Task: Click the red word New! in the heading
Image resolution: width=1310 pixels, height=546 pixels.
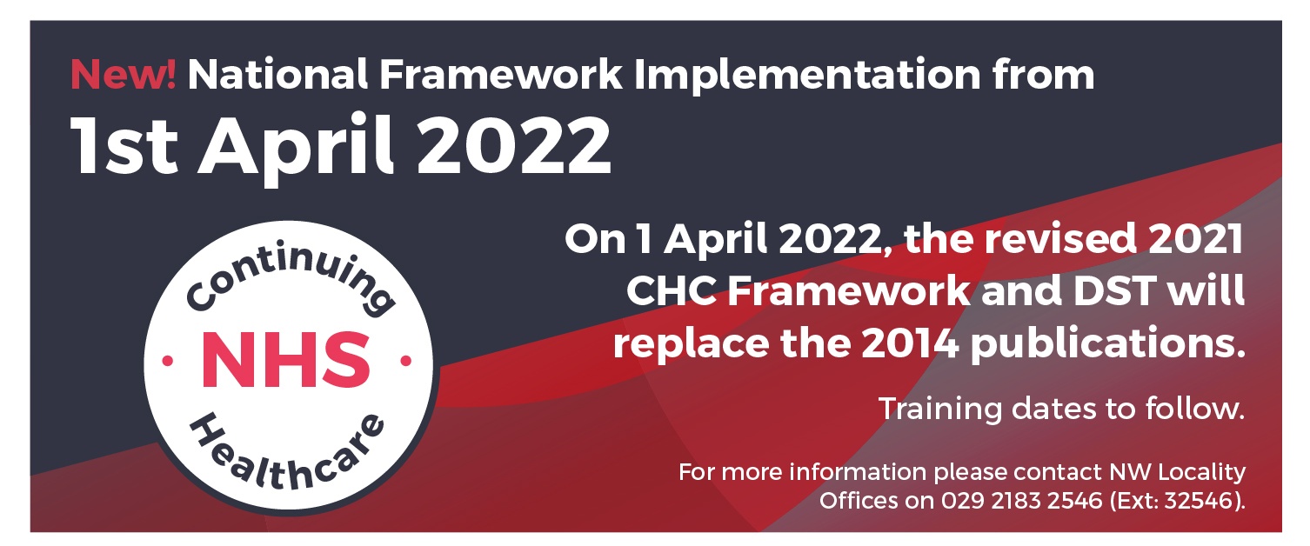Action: (x=123, y=74)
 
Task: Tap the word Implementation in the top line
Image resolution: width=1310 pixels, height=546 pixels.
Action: (x=806, y=76)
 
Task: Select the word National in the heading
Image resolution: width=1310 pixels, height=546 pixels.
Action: (x=277, y=74)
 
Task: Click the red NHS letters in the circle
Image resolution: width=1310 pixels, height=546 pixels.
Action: (x=286, y=360)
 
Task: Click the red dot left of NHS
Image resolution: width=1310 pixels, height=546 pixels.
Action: (x=168, y=362)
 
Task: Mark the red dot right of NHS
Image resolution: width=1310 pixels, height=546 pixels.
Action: (x=405, y=362)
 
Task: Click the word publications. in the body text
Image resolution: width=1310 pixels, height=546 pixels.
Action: (x=1107, y=346)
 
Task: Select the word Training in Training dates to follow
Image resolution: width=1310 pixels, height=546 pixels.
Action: (x=940, y=409)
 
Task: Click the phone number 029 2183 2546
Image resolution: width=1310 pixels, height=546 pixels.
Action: (x=1021, y=501)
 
